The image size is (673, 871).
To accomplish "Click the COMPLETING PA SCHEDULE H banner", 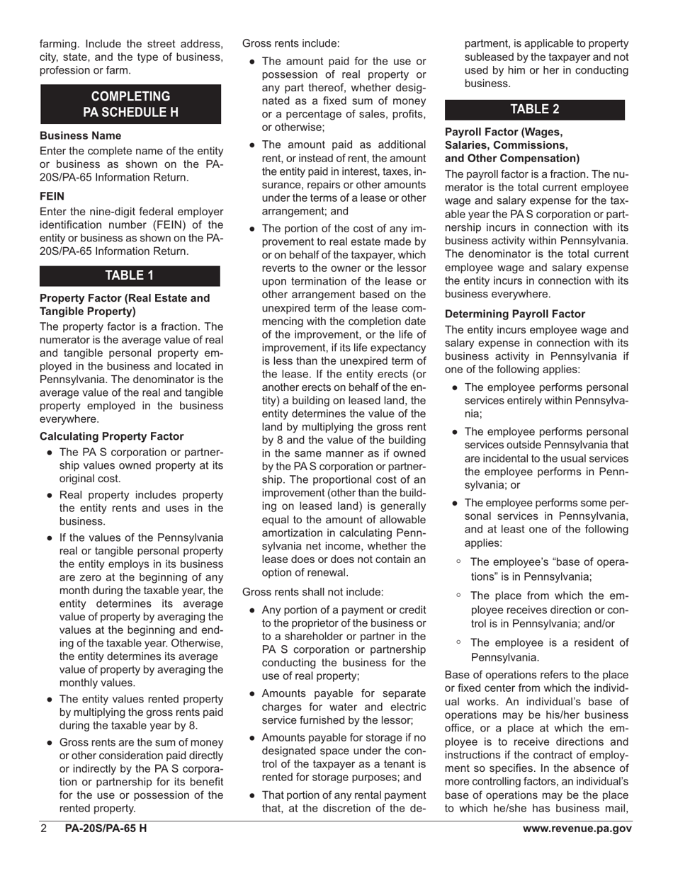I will pos(130,104).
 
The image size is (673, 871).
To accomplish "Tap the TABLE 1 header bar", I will pos(130,275).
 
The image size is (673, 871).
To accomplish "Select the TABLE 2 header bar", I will pos(535,109).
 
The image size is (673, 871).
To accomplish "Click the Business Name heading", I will pos(80,135).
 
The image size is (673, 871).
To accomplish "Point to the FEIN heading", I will pos(52,196).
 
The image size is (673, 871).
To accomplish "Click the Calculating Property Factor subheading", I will pos(111,436).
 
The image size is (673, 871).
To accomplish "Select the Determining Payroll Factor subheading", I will pos(515,314).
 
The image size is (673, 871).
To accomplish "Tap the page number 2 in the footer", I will pos(44,829).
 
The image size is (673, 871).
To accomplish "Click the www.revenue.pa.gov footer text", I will pos(577,829).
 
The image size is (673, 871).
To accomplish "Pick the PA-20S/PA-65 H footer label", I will pos(106,829).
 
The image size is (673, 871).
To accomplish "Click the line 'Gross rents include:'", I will pos(290,43).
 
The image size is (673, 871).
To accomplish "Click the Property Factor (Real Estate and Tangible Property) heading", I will pos(125,304).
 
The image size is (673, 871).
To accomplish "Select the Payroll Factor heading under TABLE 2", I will pos(511,145).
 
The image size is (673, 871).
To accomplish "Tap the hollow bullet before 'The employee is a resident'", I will pos(459,642).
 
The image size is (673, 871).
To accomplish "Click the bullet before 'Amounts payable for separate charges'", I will pos(253,693).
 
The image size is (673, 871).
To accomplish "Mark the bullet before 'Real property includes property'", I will pos(50,495).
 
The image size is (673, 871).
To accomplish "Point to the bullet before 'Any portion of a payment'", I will pos(253,610).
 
